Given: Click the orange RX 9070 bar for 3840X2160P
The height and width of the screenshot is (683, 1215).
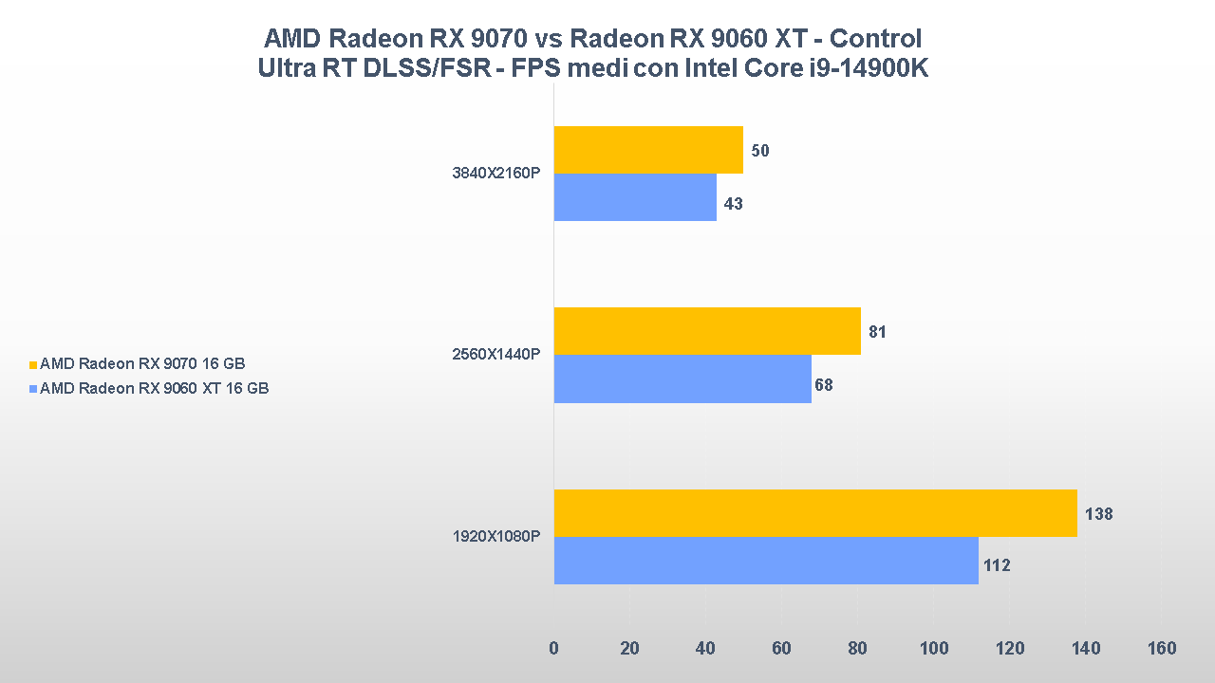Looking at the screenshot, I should [x=648, y=150].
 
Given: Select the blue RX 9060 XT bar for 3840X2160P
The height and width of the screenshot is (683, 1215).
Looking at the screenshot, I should [x=635, y=197].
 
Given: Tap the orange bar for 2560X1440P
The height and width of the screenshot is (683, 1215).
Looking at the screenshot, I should [x=707, y=331].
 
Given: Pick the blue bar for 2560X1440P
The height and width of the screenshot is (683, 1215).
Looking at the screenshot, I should [x=682, y=379].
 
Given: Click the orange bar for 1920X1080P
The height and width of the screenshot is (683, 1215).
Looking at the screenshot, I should [x=815, y=513].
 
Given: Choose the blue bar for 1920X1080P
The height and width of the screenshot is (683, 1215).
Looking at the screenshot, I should [x=766, y=561].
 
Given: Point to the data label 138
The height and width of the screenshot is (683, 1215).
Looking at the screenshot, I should [x=1098, y=514].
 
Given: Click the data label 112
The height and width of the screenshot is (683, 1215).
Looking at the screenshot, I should [x=997, y=566].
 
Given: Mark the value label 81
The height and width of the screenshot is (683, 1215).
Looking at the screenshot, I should [x=877, y=333].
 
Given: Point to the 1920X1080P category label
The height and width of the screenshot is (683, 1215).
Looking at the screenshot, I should [x=495, y=537].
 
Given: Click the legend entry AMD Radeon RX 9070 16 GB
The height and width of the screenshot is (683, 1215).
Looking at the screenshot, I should [x=149, y=363].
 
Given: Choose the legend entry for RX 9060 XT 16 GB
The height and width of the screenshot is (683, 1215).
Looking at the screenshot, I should [x=154, y=388].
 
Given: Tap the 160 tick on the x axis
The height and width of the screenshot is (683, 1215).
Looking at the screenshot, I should [x=1161, y=649].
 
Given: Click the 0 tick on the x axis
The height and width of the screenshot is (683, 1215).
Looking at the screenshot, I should [x=554, y=649].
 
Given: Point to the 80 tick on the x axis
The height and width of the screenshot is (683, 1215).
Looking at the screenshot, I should [x=858, y=649].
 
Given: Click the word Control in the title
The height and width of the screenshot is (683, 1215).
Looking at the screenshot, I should [x=872, y=39].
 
